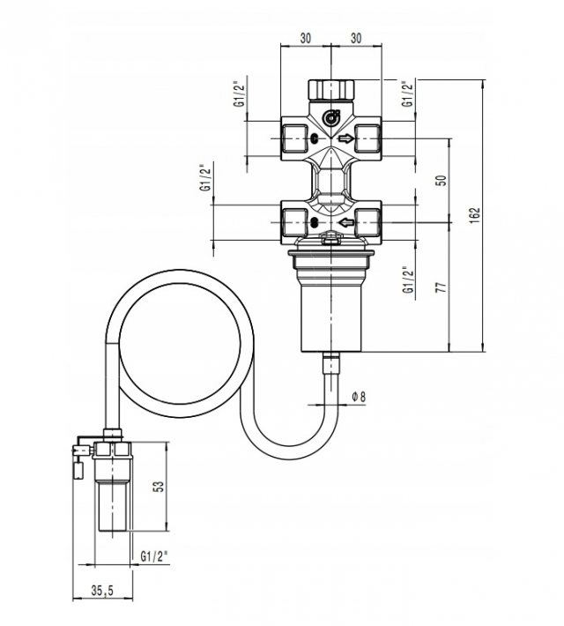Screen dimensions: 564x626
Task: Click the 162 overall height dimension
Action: pos(475,215)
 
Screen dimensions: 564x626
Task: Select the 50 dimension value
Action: pos(442,181)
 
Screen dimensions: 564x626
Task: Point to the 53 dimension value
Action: pos(159,486)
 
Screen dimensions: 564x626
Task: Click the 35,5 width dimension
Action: pos(102,591)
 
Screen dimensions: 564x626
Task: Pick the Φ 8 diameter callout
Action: pos(359,397)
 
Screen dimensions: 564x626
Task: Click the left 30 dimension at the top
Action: pos(305,38)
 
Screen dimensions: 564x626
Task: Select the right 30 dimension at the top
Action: pos(356,38)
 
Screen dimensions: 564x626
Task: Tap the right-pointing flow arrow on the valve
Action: pos(346,138)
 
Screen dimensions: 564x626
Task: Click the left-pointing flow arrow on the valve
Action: pos(346,222)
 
